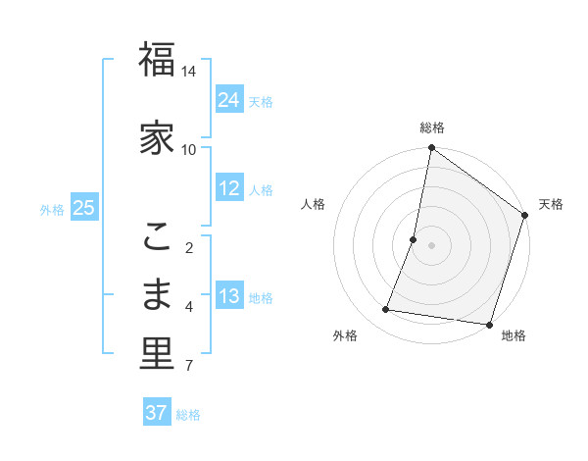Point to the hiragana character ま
(x=157, y=294)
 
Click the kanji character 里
(x=157, y=355)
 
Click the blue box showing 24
(x=229, y=100)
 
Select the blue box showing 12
(x=229, y=188)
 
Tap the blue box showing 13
(x=229, y=296)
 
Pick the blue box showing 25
(x=83, y=208)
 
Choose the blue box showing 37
(x=156, y=413)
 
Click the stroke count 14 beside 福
(x=189, y=72)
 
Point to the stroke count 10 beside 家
(x=189, y=149)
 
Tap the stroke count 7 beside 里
(x=189, y=367)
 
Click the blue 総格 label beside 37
(x=188, y=415)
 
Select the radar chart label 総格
(x=432, y=128)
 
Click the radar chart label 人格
(x=313, y=204)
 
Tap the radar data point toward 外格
(x=386, y=310)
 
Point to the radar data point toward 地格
(x=488, y=324)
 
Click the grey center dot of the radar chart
(x=432, y=244)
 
